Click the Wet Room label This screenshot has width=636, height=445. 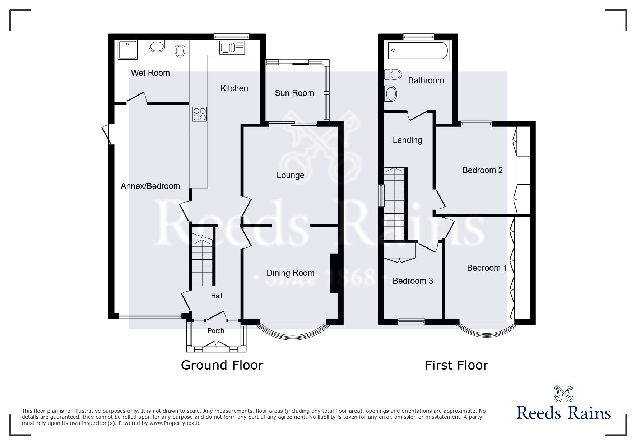150,73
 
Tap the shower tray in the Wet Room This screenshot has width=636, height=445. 127,50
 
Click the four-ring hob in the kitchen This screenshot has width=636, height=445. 200,114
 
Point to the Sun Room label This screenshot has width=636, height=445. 294,93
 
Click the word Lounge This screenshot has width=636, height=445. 290,175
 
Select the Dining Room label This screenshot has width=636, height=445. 290,273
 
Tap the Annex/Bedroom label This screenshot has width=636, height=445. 150,186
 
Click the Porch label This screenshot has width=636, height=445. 216,331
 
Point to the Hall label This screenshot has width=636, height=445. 217,296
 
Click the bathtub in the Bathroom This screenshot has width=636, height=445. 417,50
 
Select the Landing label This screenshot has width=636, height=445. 407,140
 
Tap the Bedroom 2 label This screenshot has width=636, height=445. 482,170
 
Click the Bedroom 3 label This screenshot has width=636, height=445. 413,281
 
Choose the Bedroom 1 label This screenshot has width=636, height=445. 487,268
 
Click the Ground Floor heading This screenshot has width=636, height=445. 222,365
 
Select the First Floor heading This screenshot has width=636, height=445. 456,366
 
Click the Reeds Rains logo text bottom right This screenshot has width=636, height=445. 563,413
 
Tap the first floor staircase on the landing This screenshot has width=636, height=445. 395,203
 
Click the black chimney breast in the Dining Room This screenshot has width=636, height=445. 334,273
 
